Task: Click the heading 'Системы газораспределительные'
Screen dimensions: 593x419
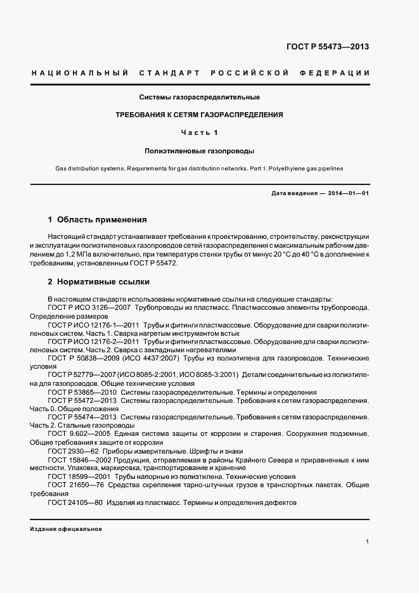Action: point(200,98)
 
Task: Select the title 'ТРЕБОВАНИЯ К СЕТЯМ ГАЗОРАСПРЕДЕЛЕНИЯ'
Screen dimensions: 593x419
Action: point(199,115)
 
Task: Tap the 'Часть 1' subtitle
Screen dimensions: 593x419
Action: point(199,133)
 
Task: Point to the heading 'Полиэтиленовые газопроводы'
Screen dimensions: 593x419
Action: point(199,151)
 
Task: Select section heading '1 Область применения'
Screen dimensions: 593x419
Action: point(98,220)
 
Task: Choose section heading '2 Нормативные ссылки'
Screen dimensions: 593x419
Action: point(99,282)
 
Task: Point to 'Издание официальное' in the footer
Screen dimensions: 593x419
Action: point(66,528)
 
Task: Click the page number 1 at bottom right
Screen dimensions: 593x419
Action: point(368,542)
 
